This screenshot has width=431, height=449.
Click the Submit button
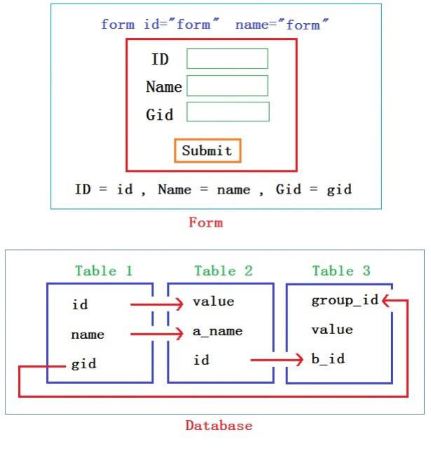207,150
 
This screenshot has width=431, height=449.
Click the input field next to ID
227,59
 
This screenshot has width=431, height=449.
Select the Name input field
227,86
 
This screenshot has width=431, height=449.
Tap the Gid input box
228,112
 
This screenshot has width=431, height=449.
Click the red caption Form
205,222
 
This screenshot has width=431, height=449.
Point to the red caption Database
219,425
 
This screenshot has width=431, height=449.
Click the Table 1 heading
104,271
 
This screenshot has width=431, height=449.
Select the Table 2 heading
224,271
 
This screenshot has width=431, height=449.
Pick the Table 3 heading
341,271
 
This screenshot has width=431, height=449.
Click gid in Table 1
84,365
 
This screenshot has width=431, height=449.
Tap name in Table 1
88,335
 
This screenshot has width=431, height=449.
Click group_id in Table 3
344,301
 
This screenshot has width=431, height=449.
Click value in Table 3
331,330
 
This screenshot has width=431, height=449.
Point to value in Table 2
213,302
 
